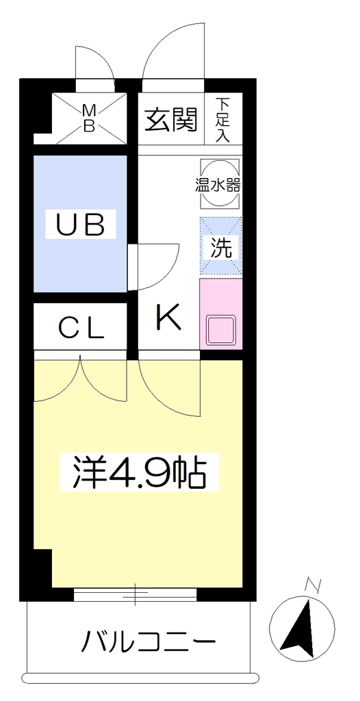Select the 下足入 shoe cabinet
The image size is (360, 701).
pyautogui.click(x=223, y=119)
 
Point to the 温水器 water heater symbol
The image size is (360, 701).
pyautogui.click(x=219, y=183)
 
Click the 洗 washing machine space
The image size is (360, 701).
pyautogui.click(x=220, y=246)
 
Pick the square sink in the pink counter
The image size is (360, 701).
pyautogui.click(x=220, y=329)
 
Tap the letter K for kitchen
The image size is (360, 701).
pyautogui.click(x=168, y=316)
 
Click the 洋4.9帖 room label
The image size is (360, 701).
pyautogui.click(x=139, y=472)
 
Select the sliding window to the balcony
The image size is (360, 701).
pyautogui.click(x=135, y=595)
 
